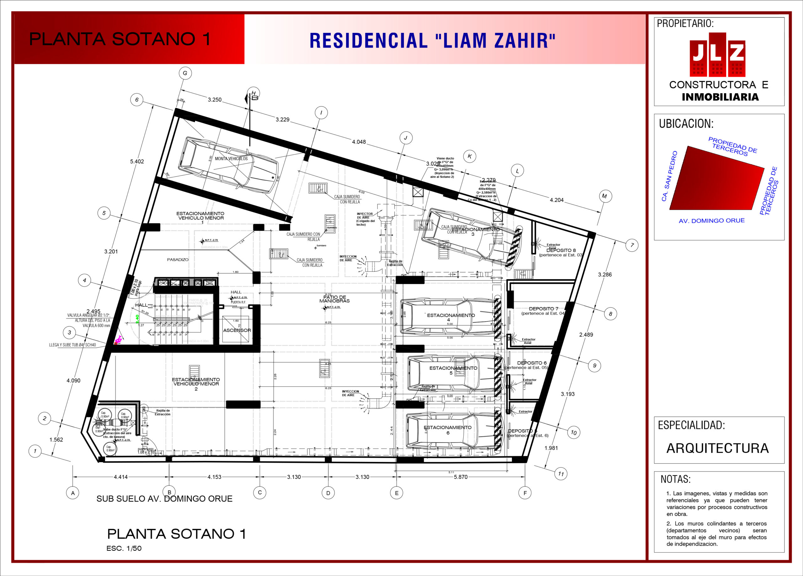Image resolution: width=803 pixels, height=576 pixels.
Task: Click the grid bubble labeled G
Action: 185,73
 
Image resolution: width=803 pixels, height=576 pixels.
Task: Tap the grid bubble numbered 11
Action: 561,474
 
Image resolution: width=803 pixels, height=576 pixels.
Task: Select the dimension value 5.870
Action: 461,477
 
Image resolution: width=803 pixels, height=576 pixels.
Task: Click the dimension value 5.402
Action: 137,161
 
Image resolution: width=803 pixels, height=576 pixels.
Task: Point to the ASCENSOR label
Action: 237,330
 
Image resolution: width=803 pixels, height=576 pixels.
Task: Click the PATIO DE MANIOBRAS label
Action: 334,299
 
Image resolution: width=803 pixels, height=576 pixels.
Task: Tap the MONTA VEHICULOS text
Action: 231,159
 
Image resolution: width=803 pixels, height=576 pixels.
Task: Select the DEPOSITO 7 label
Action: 544,309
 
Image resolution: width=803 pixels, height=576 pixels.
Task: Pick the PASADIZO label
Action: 178,260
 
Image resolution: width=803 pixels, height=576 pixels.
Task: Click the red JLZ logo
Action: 717,55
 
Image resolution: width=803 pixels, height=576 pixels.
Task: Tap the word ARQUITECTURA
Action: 717,448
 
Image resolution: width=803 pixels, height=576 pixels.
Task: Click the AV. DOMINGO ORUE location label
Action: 712,220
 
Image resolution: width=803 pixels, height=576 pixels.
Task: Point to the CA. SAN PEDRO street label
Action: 669,176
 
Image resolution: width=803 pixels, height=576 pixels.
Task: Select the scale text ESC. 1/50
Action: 124,548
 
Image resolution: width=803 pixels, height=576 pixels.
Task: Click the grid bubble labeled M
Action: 604,196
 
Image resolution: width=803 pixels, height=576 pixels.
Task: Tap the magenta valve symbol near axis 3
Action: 118,340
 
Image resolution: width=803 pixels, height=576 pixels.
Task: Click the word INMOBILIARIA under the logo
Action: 720,97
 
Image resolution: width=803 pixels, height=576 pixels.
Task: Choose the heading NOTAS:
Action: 676,479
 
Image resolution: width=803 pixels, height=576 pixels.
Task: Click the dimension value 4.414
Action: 121,477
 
